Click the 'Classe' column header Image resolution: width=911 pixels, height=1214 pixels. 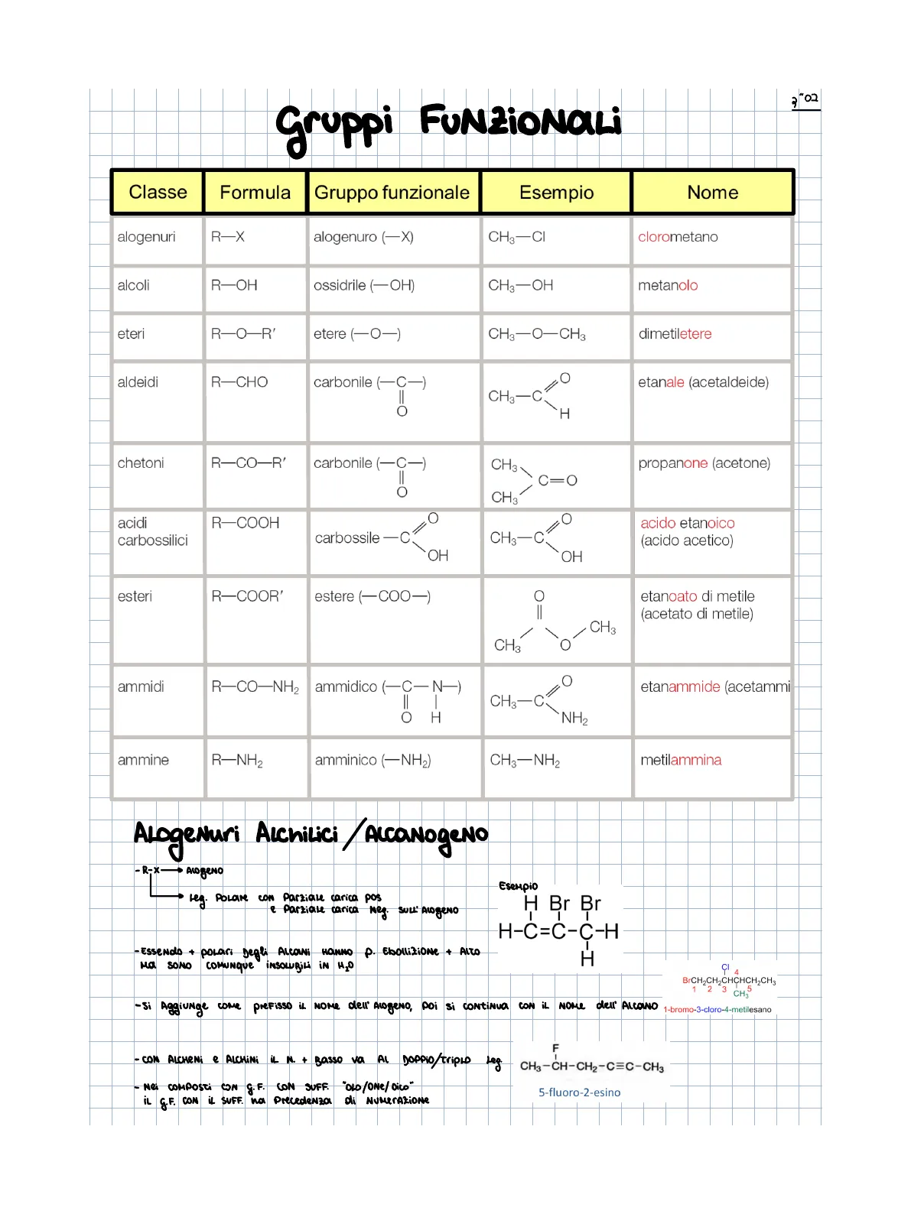pos(158,192)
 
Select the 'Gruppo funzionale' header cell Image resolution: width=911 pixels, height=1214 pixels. pos(392,192)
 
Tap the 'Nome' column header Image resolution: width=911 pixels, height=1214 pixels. pos(712,192)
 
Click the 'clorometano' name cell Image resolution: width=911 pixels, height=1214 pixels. pos(678,237)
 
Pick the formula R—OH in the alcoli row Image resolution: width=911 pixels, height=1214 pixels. pos(234,285)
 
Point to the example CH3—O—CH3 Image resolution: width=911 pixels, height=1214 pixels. pos(537,334)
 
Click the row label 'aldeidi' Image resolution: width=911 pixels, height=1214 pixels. pos(138,382)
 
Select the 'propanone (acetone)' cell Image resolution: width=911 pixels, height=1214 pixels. pos(704,463)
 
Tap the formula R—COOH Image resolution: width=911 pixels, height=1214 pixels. pos(245,523)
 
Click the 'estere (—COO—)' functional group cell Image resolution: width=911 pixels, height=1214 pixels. pos(373,596)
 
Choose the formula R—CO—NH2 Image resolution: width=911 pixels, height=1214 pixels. pos(255,687)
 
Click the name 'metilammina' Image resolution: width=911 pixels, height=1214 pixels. pos(681,760)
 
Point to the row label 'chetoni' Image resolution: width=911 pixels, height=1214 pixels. pos(141,463)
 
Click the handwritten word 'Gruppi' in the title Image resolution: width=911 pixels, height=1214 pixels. pos(334,126)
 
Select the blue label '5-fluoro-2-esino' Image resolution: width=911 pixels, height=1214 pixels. pos(579,1092)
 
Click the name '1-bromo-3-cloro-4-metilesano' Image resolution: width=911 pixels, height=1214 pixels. pos(717,1009)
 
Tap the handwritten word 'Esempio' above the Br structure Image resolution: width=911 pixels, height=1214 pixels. pos(519,886)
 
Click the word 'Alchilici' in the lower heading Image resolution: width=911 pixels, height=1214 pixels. pos(297,833)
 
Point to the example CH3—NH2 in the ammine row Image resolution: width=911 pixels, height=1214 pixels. pos(525,760)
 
